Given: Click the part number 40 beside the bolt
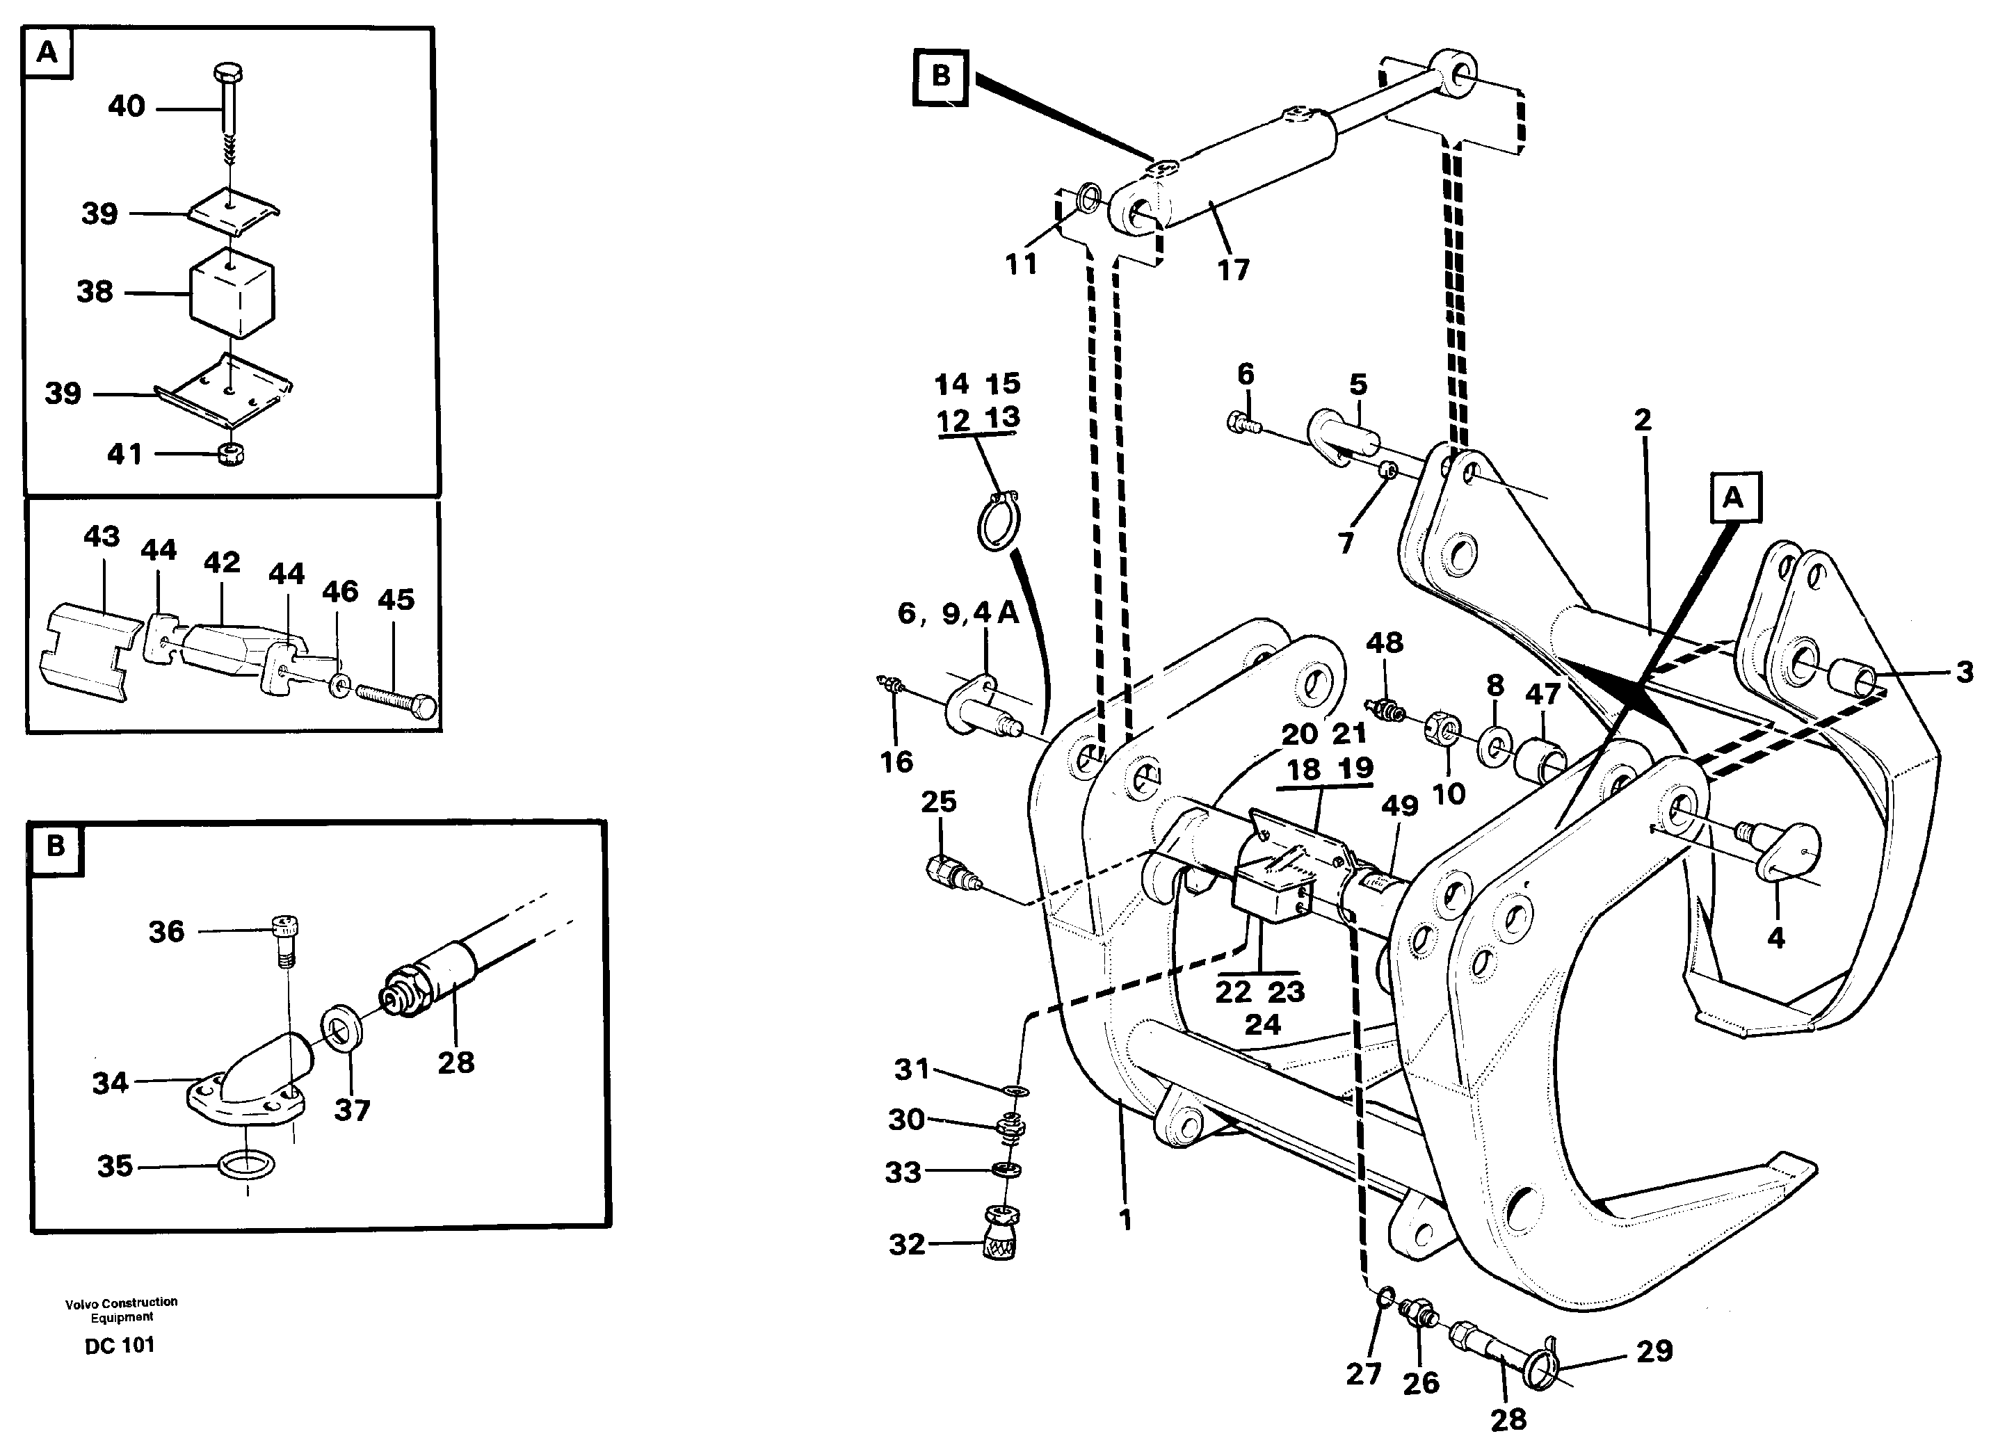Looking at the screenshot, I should (x=126, y=106).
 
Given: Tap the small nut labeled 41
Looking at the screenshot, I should (x=232, y=455).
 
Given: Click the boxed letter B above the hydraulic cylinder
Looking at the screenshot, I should (x=940, y=76).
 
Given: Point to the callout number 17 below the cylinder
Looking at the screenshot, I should (x=1232, y=270).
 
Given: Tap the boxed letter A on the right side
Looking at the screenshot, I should (x=1732, y=498).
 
